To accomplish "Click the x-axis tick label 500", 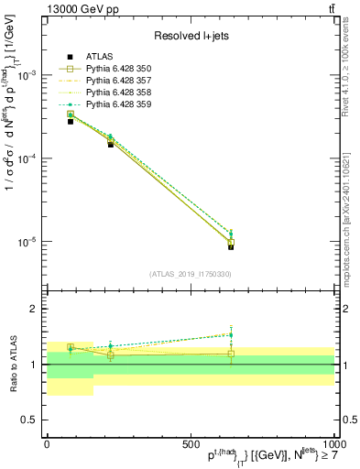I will point(191,442).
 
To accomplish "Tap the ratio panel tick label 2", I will point(35,310).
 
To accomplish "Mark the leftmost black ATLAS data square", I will point(71,121).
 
